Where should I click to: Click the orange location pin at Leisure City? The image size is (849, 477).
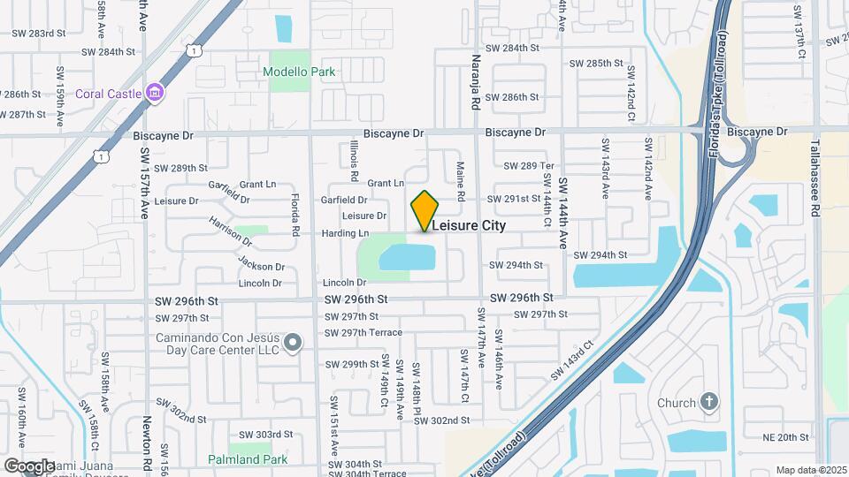click(x=424, y=210)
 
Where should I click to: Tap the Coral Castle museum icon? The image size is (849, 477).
click(x=155, y=92)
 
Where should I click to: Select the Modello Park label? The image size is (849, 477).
click(x=299, y=72)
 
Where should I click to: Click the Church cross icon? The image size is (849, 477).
click(x=707, y=403)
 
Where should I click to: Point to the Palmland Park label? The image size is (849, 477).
click(x=249, y=459)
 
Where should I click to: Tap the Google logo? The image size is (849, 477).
click(x=28, y=466)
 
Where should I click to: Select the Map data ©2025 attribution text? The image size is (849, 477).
click(x=810, y=470)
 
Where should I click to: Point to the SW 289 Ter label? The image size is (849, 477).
click(x=528, y=166)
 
